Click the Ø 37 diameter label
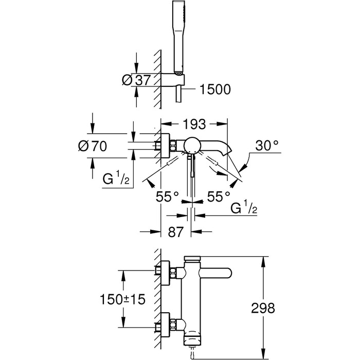pyautogui.click(x=136, y=80)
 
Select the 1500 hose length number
pyautogui.click(x=215, y=89)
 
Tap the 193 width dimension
pyautogui.click(x=194, y=124)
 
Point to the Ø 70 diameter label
pyautogui.click(x=93, y=146)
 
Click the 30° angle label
pyautogui.click(x=267, y=146)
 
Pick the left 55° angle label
pyautogui.click(x=167, y=196)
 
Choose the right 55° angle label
pyautogui.click(x=219, y=196)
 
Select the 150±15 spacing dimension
pyautogui.click(x=122, y=299)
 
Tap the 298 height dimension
pyautogui.click(x=263, y=308)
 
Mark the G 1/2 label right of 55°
pyautogui.click(x=244, y=207)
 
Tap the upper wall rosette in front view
pyautogui.click(x=166, y=273)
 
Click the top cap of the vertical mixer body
pyautogui.click(x=192, y=258)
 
